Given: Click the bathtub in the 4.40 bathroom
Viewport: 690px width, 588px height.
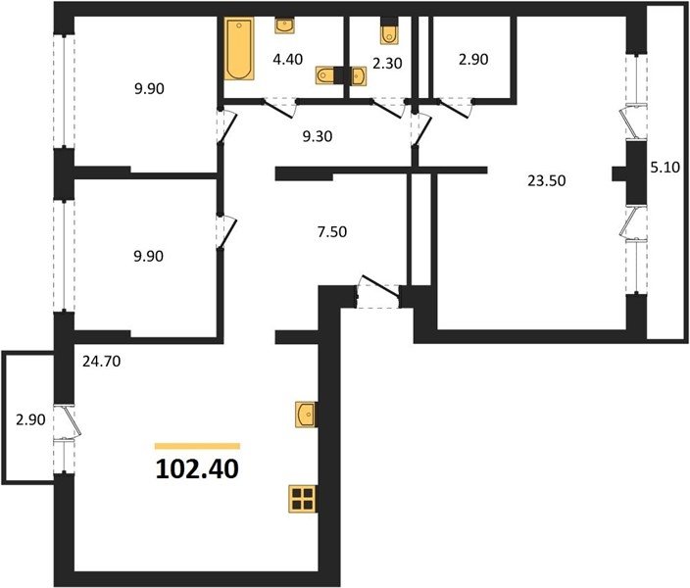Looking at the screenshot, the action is [x=239, y=49].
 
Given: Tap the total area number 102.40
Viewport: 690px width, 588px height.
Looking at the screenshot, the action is [x=197, y=468].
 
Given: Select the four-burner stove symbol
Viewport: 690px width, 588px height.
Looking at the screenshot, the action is [x=302, y=499].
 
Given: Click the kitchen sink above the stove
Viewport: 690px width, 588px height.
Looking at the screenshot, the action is [x=306, y=415].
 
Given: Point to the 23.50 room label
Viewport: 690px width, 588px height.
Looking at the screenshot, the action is [x=547, y=180].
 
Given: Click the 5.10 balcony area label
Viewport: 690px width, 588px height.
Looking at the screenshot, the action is [x=665, y=168].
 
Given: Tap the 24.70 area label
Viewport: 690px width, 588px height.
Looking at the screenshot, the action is [x=101, y=362].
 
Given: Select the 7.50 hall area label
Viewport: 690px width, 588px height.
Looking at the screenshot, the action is [x=332, y=231].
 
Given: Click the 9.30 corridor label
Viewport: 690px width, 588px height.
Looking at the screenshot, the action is [x=318, y=136].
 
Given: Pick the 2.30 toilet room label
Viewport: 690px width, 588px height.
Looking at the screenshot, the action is [x=387, y=64].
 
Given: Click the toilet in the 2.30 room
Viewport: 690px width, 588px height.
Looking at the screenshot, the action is [x=389, y=34].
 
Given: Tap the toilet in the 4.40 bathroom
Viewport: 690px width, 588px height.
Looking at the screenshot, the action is [x=324, y=74].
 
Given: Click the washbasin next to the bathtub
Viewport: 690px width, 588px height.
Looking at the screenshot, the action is [x=284, y=25].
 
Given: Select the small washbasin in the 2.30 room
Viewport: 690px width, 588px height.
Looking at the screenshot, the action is [x=359, y=76].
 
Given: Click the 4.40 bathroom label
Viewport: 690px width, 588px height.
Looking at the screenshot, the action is [x=288, y=59].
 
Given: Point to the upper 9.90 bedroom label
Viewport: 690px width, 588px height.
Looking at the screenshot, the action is [x=149, y=88].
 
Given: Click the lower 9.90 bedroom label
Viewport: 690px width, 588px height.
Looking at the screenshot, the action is [x=149, y=256].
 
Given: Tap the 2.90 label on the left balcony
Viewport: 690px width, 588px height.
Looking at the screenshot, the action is [x=30, y=419].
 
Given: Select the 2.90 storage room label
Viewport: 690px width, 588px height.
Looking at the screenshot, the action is [x=473, y=59].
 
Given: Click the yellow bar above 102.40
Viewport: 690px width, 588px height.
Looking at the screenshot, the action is [x=197, y=446].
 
